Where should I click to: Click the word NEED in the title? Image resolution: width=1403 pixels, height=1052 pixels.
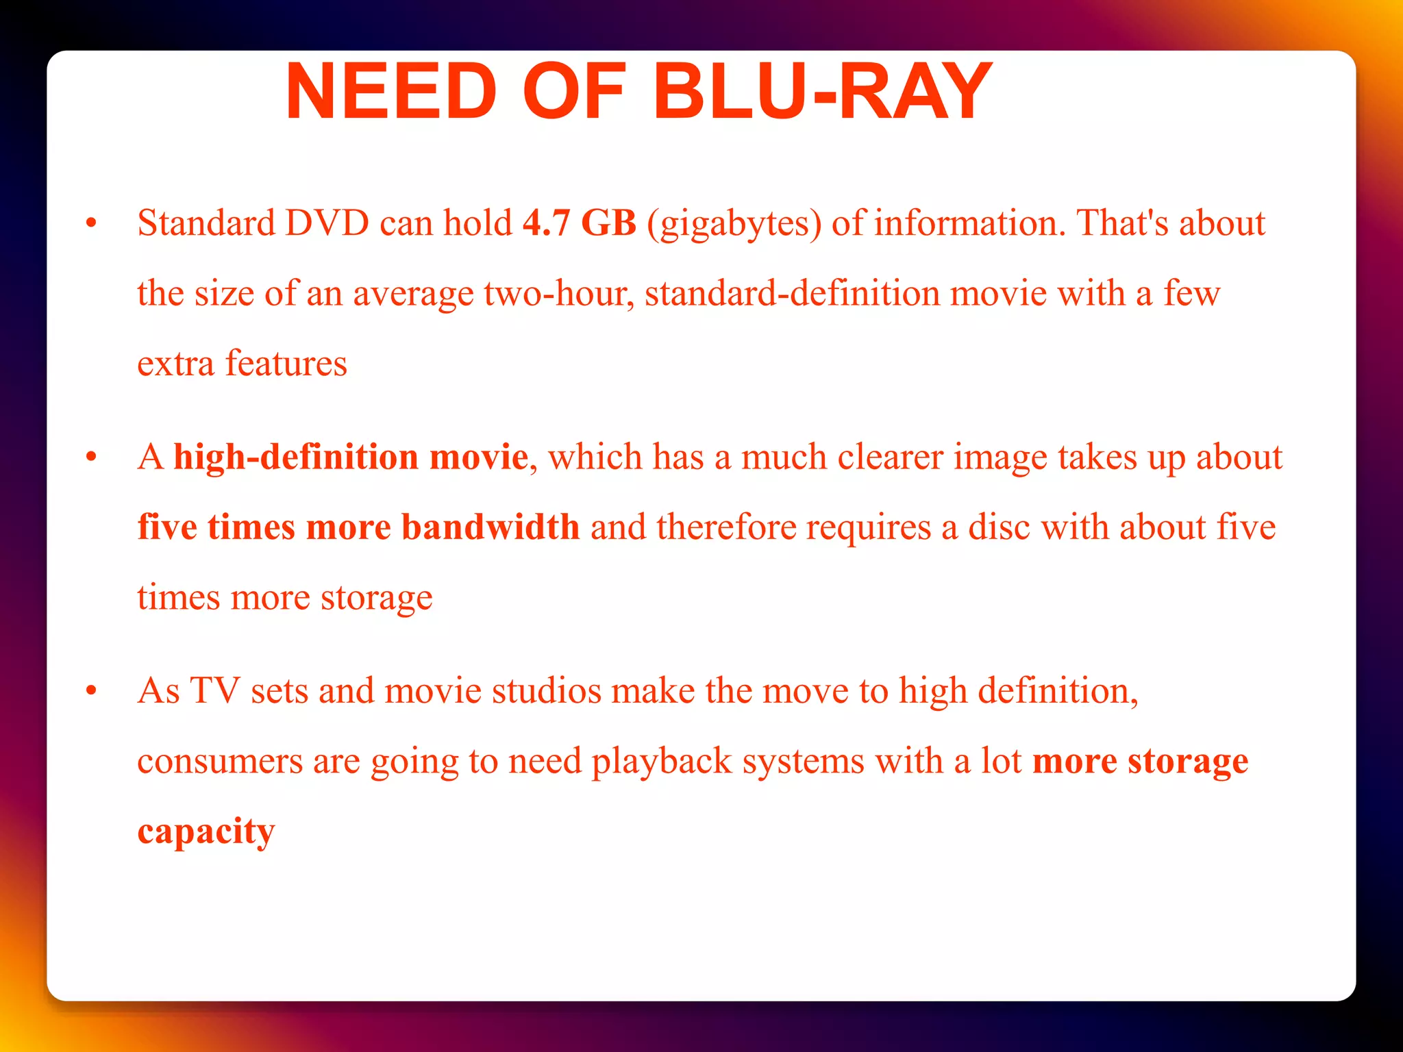pos(390,92)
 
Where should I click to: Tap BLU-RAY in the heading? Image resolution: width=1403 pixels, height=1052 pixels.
pos(822,92)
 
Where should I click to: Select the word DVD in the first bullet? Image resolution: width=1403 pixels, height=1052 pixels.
pos(327,223)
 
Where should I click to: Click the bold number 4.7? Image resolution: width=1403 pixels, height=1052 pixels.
pos(546,223)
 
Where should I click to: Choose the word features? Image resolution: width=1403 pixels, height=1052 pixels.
pos(286,363)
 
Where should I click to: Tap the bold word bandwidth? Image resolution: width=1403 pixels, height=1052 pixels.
pos(491,527)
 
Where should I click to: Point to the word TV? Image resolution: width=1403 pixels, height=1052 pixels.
pos(214,691)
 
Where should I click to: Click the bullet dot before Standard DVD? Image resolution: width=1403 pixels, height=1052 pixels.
pos(91,224)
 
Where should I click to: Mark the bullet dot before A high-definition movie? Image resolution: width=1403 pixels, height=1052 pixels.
pos(91,458)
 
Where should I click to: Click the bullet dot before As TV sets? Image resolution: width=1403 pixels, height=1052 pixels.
pos(91,691)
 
